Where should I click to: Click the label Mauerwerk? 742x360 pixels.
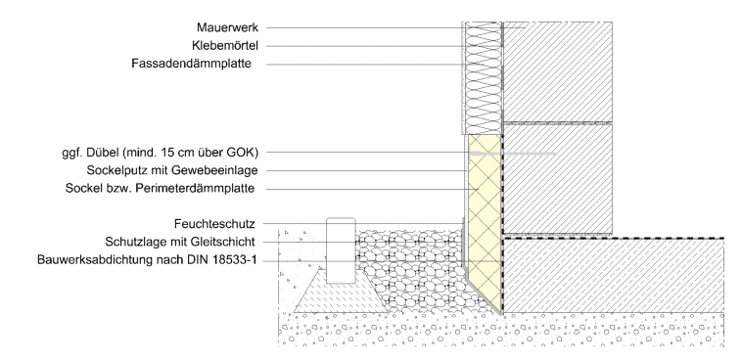tap(228, 27)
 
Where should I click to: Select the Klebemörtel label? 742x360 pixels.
tap(225, 46)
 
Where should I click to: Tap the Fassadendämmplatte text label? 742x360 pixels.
tap(192, 64)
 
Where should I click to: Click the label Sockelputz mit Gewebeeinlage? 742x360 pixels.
tap(172, 170)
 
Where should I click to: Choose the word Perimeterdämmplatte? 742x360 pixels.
tap(195, 188)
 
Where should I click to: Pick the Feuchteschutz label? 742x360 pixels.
tap(214, 223)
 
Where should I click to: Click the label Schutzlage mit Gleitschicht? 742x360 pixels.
tap(180, 242)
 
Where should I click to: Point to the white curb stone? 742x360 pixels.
tap(341, 250)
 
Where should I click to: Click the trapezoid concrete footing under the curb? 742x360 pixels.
tap(341, 295)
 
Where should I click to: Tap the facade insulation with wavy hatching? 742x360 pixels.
tap(483, 78)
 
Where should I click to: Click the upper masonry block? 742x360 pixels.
tap(557, 71)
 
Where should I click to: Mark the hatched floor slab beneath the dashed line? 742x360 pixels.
tap(614, 276)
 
